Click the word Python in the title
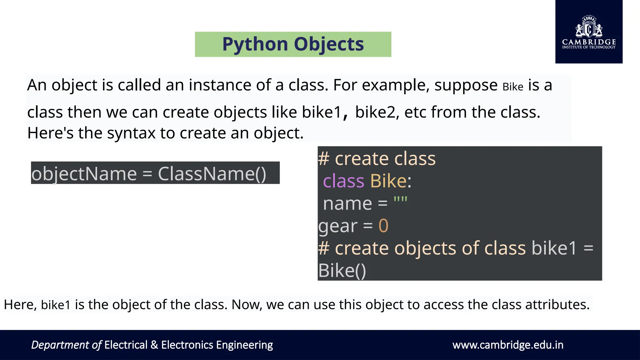click(x=255, y=44)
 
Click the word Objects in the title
click(x=329, y=44)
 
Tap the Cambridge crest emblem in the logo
click(x=589, y=27)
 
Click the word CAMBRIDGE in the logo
click(x=589, y=42)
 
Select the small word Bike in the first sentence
click(x=513, y=87)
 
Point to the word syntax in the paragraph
click(x=131, y=133)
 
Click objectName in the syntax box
click(x=84, y=174)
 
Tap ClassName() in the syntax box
click(x=212, y=174)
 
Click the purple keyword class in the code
click(x=343, y=181)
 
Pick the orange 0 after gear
click(x=383, y=226)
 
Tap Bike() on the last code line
click(x=342, y=271)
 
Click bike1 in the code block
click(x=554, y=248)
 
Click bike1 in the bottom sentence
click(x=56, y=305)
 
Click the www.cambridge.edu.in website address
click(x=508, y=345)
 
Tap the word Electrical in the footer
click(x=126, y=345)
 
